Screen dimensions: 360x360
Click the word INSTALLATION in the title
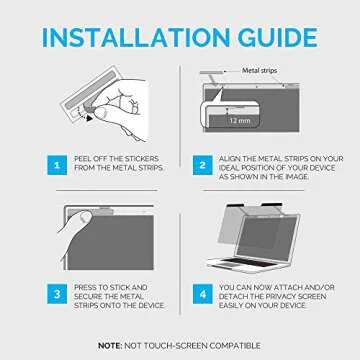pyautogui.click(x=136, y=37)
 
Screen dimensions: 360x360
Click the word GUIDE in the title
pyautogui.click(x=278, y=37)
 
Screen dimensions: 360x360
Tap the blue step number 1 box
pyautogui.click(x=57, y=165)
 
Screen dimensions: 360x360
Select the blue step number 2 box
pyautogui.click(x=202, y=165)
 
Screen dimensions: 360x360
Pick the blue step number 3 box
pyautogui.click(x=57, y=294)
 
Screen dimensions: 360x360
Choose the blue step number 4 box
pyautogui.click(x=202, y=294)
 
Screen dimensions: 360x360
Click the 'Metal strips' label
pyautogui.click(x=259, y=70)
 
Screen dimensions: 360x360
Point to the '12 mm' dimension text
pyautogui.click(x=240, y=120)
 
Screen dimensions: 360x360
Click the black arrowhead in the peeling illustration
pyautogui.click(x=88, y=118)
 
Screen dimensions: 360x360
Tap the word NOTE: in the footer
pyautogui.click(x=110, y=346)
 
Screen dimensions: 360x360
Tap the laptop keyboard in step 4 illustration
pyautogui.click(x=248, y=262)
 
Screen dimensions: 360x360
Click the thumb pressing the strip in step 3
pyautogui.click(x=82, y=220)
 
